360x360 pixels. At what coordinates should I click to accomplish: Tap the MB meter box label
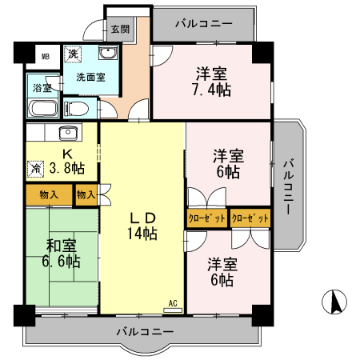pos(46,57)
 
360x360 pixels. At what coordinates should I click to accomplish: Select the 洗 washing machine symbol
pos(73,54)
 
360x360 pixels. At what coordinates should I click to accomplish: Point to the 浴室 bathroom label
pos(41,88)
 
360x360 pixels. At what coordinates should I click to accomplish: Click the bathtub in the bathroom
pos(43,108)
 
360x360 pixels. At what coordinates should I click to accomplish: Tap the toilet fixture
pos(78,107)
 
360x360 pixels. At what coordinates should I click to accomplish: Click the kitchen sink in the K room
pos(68,132)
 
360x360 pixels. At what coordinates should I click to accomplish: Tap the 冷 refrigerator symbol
pos(36,169)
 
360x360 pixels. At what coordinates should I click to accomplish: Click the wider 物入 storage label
pos(49,194)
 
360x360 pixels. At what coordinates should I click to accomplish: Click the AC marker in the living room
pos(172,303)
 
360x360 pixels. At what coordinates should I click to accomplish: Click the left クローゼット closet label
pos(207,217)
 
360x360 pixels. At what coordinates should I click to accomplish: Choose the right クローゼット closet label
pos(250,217)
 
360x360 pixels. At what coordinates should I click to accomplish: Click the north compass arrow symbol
pos(337,302)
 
